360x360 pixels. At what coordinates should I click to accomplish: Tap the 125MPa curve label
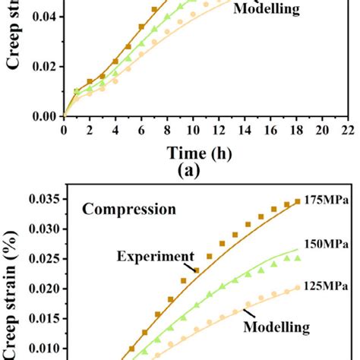[327, 288]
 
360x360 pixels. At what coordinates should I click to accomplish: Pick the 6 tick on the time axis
[141, 130]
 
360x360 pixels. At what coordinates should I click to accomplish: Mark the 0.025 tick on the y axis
[44, 259]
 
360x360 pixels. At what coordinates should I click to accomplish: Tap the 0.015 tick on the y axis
[44, 318]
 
